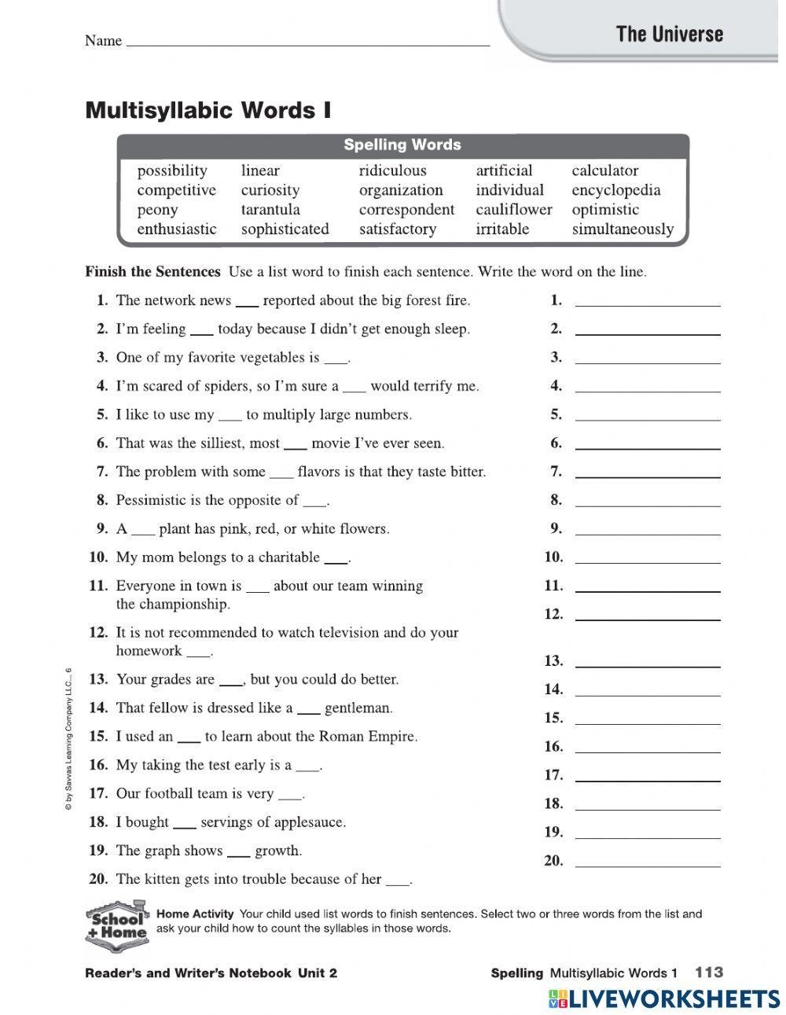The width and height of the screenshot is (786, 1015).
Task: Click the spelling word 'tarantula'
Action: (270, 210)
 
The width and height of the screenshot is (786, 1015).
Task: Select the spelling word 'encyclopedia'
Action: (615, 190)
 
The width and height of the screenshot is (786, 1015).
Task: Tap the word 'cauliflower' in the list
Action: (513, 210)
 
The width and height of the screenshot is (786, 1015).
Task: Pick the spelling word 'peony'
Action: (157, 210)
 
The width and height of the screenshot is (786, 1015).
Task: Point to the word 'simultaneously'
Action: (623, 230)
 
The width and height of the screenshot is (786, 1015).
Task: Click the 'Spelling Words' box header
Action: (402, 145)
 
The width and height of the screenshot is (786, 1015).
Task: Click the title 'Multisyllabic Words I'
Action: (208, 110)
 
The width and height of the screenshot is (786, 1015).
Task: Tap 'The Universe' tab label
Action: (670, 34)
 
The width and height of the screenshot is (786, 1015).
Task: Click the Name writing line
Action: (307, 43)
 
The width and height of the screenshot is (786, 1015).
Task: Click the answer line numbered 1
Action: (647, 303)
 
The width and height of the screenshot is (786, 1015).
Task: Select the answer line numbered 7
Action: (647, 475)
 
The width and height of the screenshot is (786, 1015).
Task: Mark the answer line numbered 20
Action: (647, 864)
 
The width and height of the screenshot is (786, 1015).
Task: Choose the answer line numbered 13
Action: (647, 664)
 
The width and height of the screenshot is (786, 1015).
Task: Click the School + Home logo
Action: (116, 924)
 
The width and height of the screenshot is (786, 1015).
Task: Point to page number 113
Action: (708, 973)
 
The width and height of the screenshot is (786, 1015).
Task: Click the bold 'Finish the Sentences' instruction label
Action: (152, 272)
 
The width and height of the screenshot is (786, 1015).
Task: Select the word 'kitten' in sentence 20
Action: (167, 879)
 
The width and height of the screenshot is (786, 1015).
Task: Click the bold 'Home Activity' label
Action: (195, 914)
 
